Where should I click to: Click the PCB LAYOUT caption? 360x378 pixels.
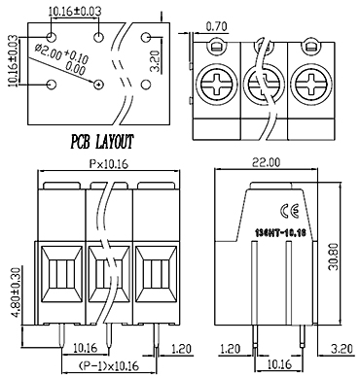tap(102, 142)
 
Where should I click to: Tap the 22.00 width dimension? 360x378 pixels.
tap(267, 162)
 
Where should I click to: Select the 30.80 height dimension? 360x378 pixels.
tap(333, 257)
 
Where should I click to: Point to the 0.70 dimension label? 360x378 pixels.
tap(216, 26)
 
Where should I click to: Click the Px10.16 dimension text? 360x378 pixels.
tap(109, 164)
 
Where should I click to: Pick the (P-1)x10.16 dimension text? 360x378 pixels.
tap(109, 366)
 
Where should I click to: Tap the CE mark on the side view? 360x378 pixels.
tap(289, 211)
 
